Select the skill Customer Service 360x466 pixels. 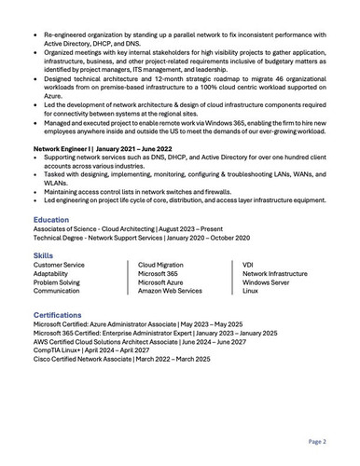coord(60,266)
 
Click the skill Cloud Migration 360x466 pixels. coord(161,266)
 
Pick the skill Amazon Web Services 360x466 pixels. coord(171,291)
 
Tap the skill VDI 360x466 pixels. coord(248,266)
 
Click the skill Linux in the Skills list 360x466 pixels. coord(250,291)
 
